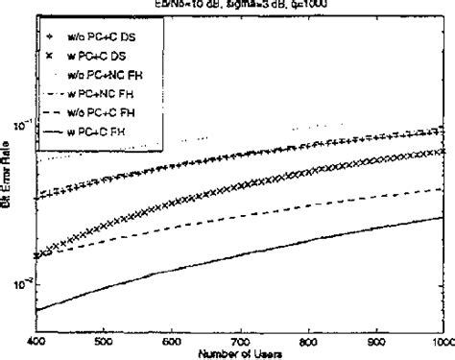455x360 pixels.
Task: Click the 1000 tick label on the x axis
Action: pyautogui.click(x=440, y=340)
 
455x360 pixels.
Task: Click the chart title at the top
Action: pyautogui.click(x=240, y=4)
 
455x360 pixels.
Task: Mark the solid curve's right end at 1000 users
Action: pyautogui.click(x=443, y=217)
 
